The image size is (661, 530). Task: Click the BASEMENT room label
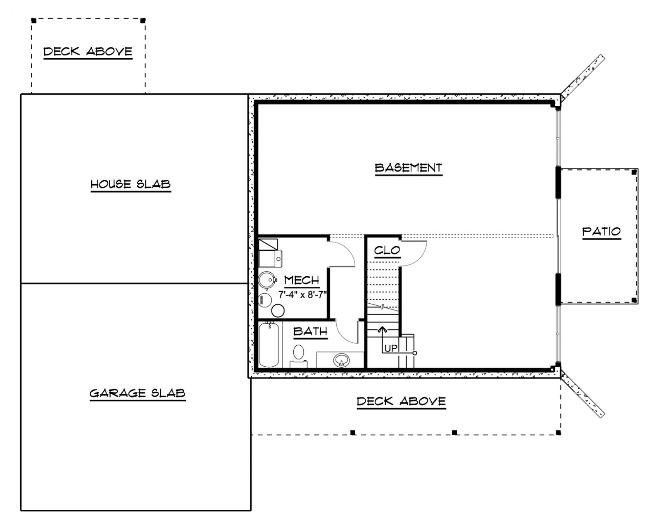click(x=409, y=168)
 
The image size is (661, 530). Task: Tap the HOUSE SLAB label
click(x=131, y=184)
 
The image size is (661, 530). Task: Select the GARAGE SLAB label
click(x=138, y=393)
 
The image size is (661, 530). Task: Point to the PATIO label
click(x=602, y=231)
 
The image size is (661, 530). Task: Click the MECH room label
click(x=302, y=280)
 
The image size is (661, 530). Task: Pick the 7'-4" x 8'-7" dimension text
click(x=302, y=295)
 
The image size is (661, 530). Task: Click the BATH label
click(x=310, y=331)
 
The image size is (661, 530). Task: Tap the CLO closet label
click(x=387, y=250)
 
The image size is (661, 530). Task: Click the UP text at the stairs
click(x=391, y=348)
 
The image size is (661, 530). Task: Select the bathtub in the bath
click(x=269, y=345)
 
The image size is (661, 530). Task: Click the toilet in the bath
click(x=299, y=356)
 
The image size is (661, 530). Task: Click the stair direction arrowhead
click(x=383, y=330)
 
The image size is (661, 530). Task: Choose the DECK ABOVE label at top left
click(x=88, y=51)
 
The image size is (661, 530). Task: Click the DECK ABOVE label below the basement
click(x=401, y=401)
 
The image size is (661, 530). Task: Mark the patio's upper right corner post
click(x=634, y=172)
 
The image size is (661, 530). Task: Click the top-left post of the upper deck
click(x=34, y=21)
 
